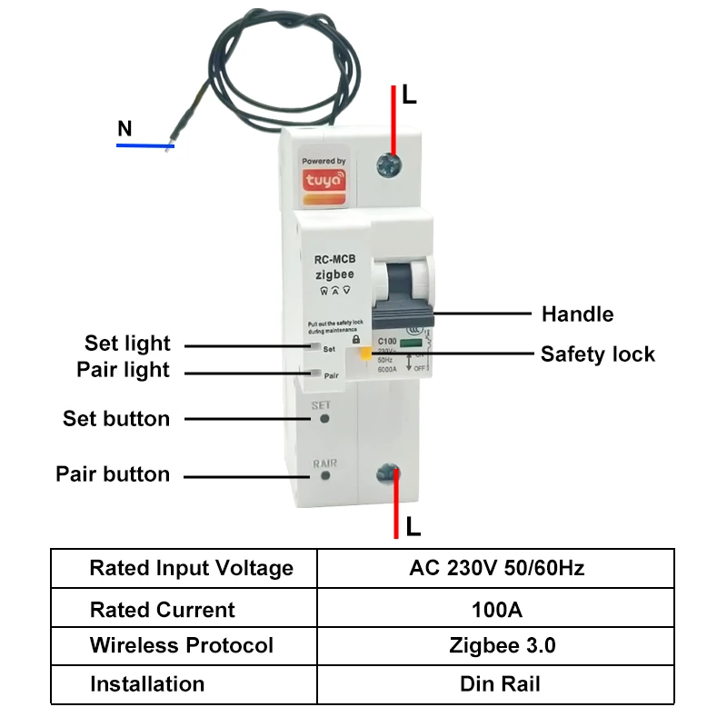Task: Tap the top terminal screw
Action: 389,164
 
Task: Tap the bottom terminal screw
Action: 389,473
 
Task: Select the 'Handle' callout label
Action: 577,314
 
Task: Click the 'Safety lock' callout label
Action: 597,354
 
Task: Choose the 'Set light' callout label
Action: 127,344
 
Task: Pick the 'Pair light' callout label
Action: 123,371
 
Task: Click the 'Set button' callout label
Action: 116,419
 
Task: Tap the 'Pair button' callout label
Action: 113,474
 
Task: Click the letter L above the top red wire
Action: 409,95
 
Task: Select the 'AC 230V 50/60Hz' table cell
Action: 496,569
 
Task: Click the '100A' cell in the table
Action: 496,609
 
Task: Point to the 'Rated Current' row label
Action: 162,609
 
